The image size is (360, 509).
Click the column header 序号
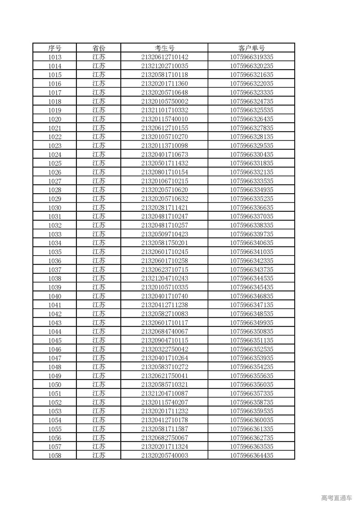point(55,48)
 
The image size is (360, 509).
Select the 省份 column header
point(99,48)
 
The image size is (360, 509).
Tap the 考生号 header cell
point(165,48)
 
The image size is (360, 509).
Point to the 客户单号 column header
point(251,48)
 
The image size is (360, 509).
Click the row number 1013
point(55,57)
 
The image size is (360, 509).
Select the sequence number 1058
point(55,455)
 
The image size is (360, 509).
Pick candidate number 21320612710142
point(165,57)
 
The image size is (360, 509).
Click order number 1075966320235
point(251,66)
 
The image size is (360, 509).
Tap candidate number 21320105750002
point(165,101)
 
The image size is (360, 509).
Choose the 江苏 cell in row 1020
point(99,119)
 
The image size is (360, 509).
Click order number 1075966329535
point(251,145)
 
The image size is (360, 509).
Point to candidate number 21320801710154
point(165,172)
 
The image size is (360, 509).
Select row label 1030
point(55,208)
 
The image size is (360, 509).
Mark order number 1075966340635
point(251,243)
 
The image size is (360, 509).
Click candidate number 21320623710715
point(165,269)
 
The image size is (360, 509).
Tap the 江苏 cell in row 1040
point(99,296)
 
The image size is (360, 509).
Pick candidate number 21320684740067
point(165,331)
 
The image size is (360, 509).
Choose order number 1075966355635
point(251,376)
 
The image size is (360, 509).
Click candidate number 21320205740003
point(165,455)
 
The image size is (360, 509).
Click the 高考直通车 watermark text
point(336,498)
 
